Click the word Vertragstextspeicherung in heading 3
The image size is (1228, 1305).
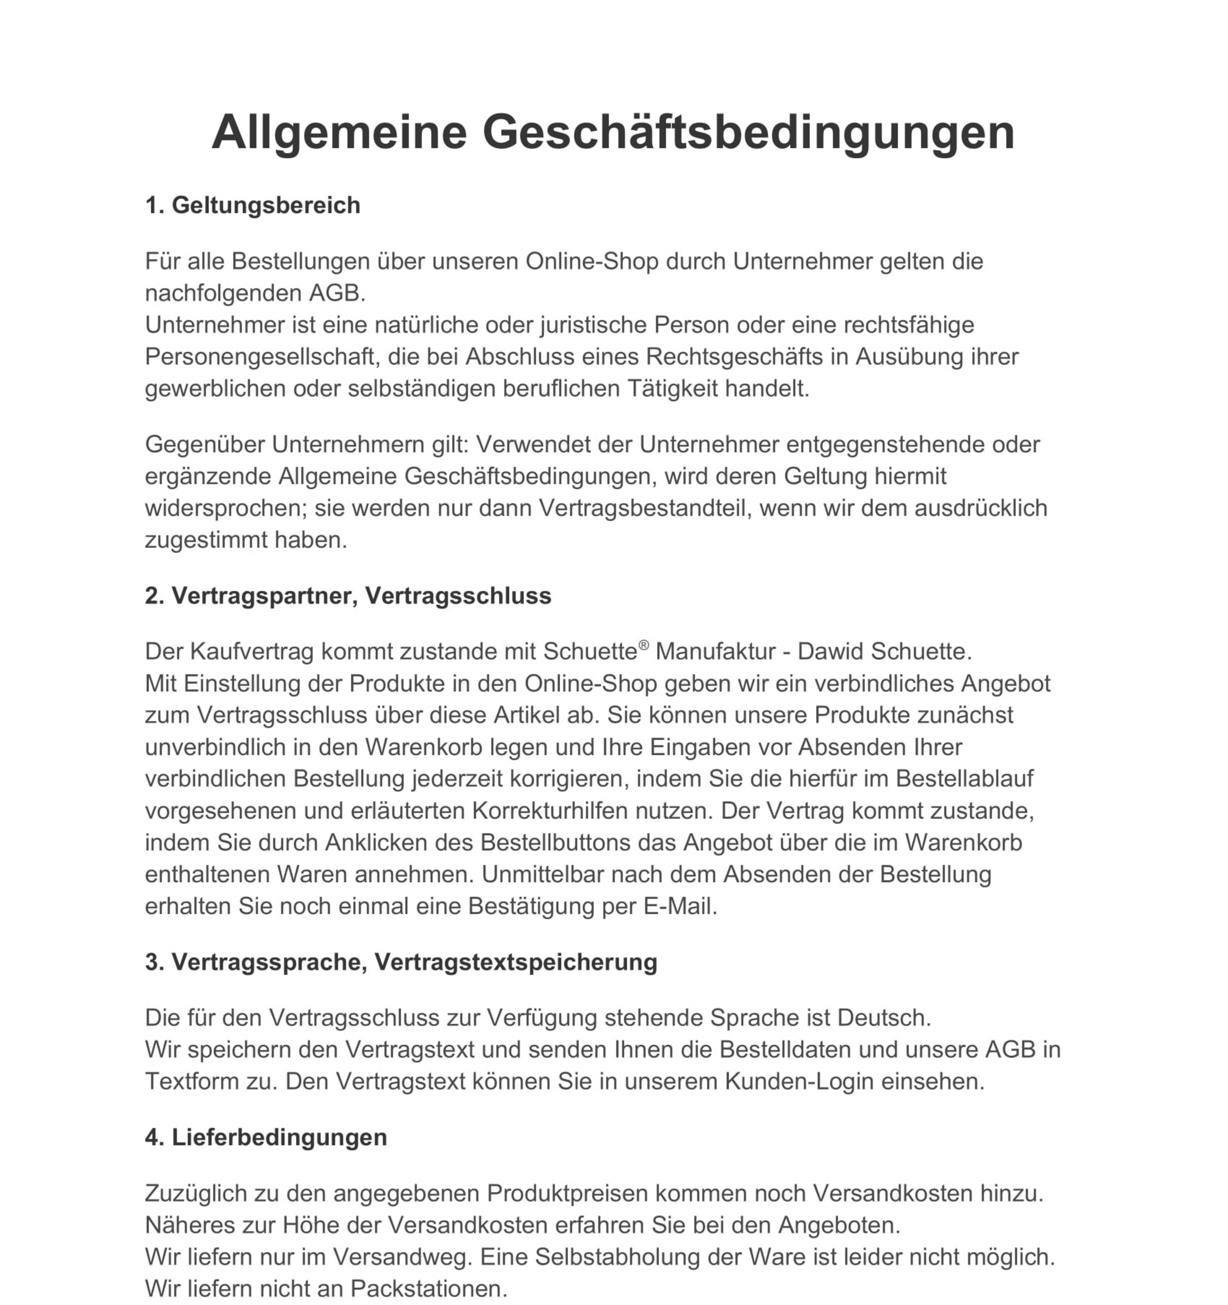515,962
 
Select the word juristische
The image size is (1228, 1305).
593,325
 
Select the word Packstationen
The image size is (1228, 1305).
429,1289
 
